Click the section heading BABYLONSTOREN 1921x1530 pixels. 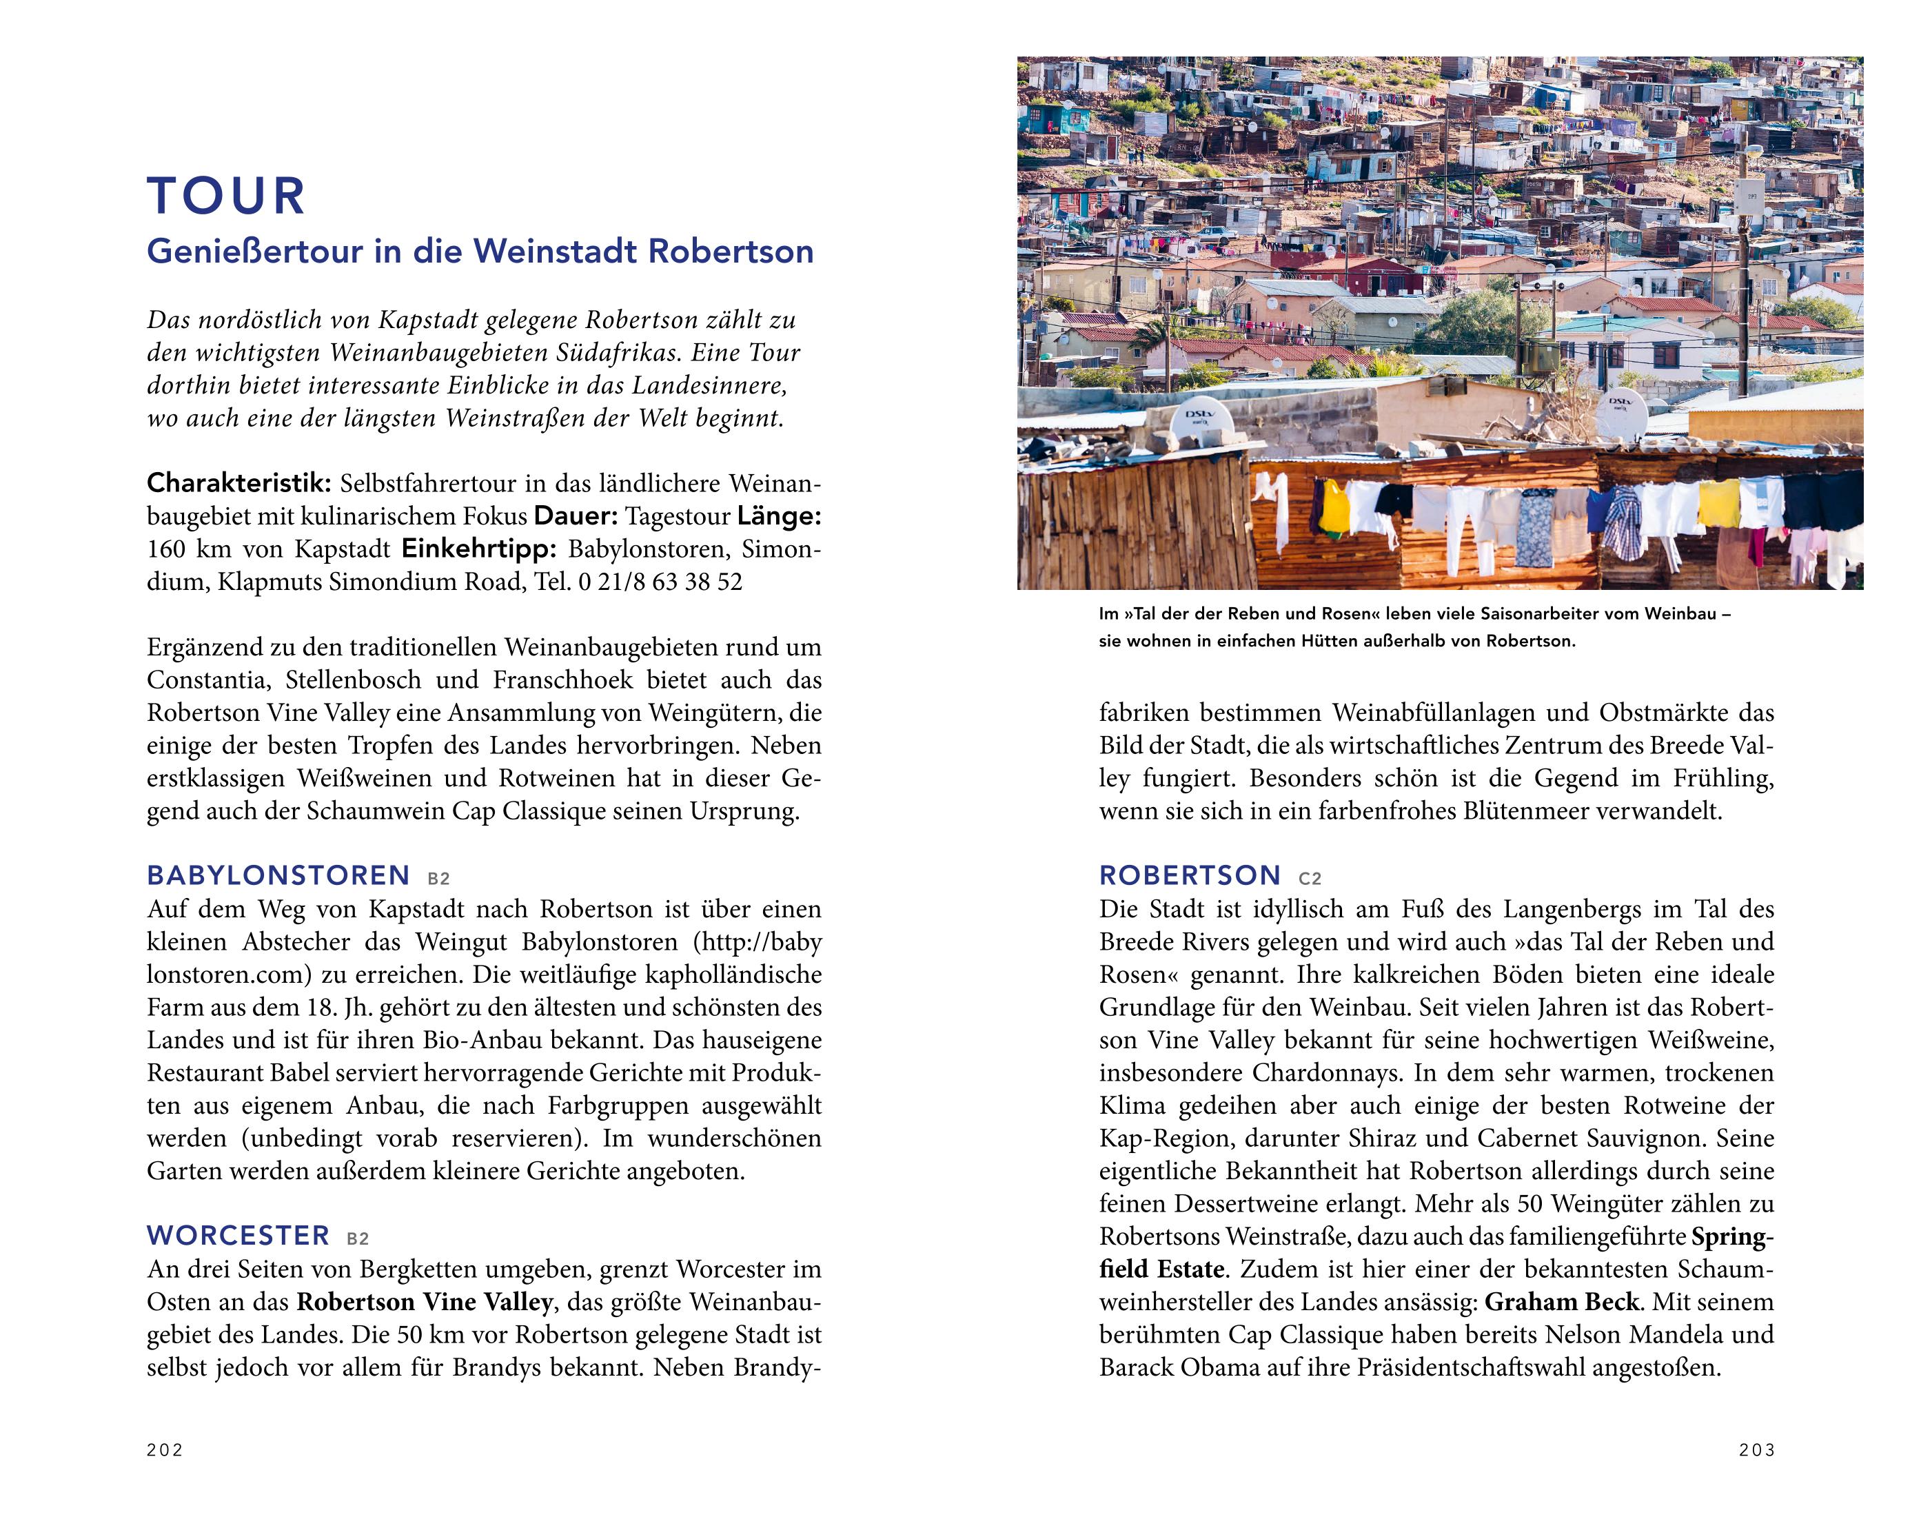click(x=278, y=875)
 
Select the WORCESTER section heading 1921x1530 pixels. click(x=238, y=1235)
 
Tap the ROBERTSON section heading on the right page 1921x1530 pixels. click(x=1190, y=875)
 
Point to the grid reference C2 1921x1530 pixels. click(x=1310, y=879)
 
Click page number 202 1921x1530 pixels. click(x=165, y=1450)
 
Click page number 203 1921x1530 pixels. click(x=1756, y=1450)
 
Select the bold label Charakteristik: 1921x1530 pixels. click(x=238, y=484)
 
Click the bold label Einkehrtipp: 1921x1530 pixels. click(x=478, y=549)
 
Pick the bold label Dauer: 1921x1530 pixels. click(x=575, y=516)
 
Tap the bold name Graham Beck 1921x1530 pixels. click(x=1561, y=1302)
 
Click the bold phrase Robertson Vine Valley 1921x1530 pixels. click(x=424, y=1302)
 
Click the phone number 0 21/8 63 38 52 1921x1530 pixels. click(x=660, y=582)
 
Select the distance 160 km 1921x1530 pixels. click(x=188, y=549)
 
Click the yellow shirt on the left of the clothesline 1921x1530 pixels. click(x=1334, y=506)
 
